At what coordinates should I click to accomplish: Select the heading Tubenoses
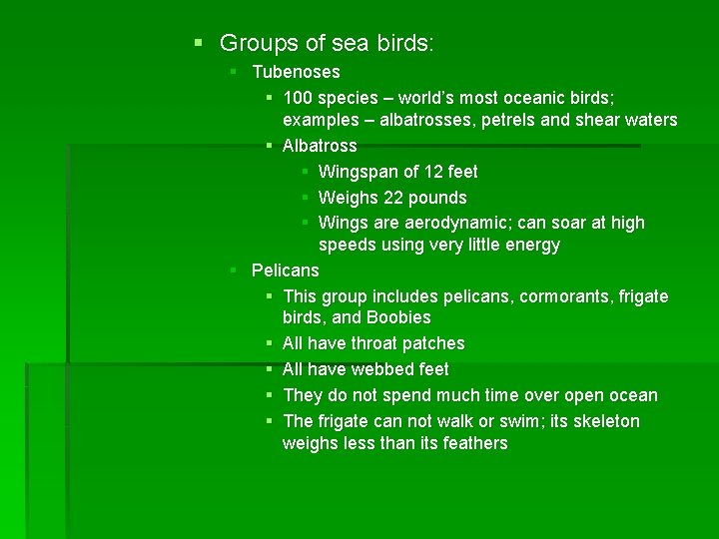(x=296, y=72)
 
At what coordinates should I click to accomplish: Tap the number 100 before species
(x=299, y=98)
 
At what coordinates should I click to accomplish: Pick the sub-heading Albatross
(x=320, y=146)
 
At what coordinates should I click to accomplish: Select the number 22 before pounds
(x=393, y=198)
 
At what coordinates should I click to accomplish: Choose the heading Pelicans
(x=286, y=270)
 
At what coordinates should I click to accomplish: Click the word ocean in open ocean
(x=630, y=395)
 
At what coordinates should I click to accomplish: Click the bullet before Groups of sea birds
(x=198, y=44)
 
